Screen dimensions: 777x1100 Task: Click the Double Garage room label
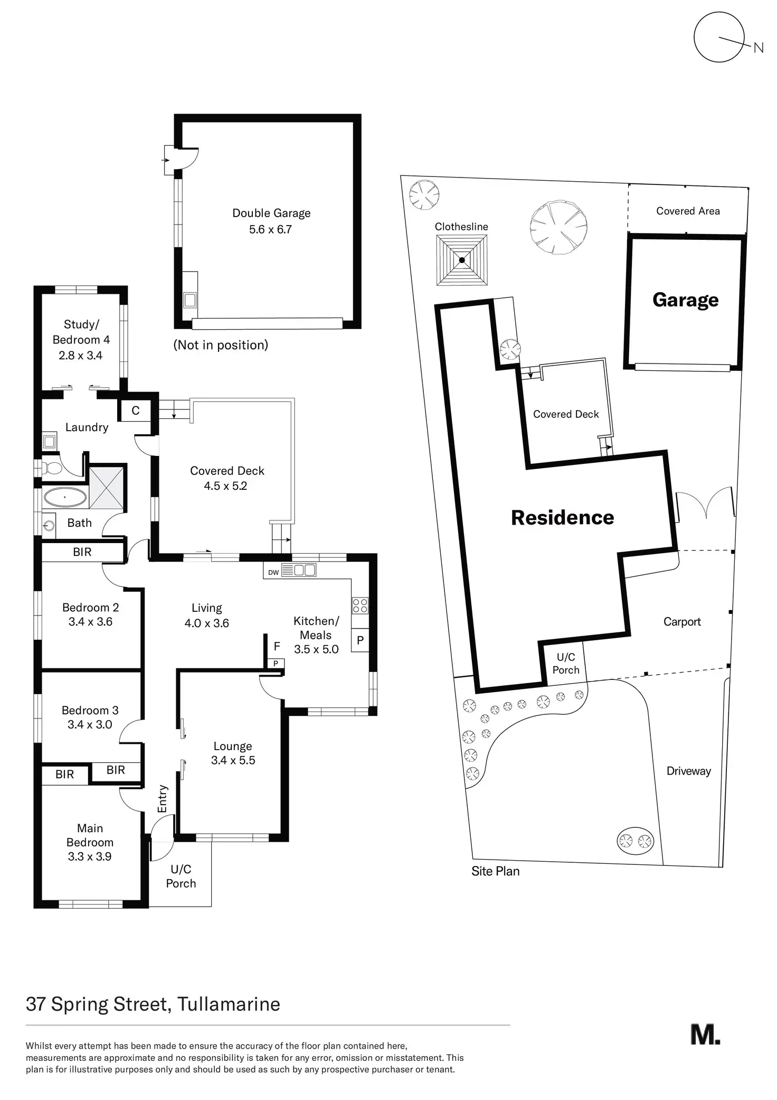(x=271, y=213)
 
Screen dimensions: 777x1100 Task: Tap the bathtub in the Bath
(x=64, y=497)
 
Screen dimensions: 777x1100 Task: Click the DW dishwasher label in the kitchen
(x=273, y=572)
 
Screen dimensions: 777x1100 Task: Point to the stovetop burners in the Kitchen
(x=360, y=605)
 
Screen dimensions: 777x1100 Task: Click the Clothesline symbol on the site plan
(x=462, y=260)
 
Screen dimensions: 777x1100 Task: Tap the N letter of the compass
(x=759, y=48)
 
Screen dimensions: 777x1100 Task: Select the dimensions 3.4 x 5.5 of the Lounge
(x=233, y=760)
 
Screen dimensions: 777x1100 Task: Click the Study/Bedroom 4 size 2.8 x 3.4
(x=81, y=356)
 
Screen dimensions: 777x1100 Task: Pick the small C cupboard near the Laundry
(x=136, y=411)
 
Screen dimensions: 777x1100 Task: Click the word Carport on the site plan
(x=682, y=622)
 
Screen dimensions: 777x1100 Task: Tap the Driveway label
(x=689, y=771)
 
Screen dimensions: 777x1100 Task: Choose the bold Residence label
(x=563, y=518)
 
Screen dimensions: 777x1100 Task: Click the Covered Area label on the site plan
(x=688, y=211)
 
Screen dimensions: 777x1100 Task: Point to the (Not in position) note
(x=221, y=345)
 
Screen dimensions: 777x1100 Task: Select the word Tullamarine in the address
(x=229, y=1004)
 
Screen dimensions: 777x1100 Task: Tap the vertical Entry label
(x=162, y=798)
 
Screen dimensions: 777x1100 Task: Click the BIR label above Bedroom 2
(x=82, y=552)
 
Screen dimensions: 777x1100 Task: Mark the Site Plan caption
(x=496, y=871)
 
